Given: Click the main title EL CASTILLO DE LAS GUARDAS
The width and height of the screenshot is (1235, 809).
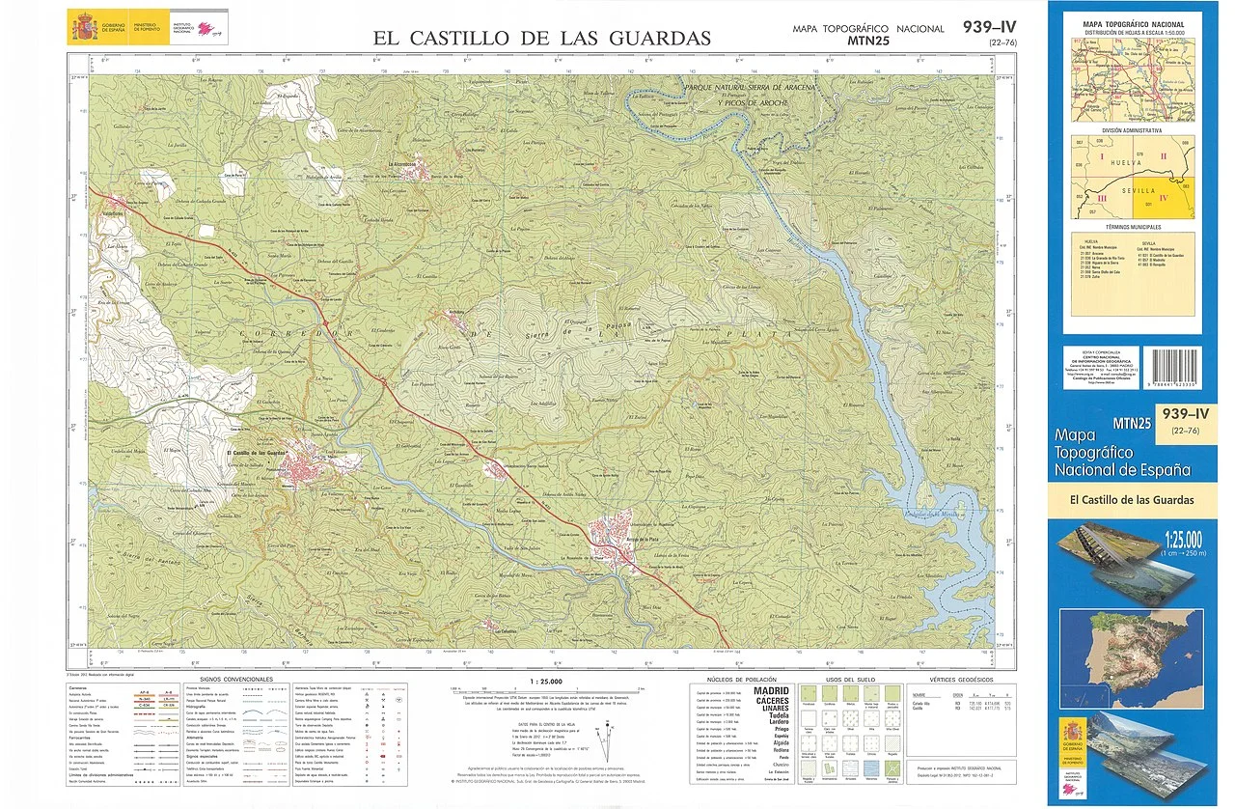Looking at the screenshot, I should point(542,38).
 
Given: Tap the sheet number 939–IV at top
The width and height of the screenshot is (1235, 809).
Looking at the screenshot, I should point(989,26).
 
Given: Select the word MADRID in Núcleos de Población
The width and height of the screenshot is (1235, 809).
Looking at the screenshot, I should point(772,691).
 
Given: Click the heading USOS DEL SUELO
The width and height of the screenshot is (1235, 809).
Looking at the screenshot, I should point(850,679).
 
